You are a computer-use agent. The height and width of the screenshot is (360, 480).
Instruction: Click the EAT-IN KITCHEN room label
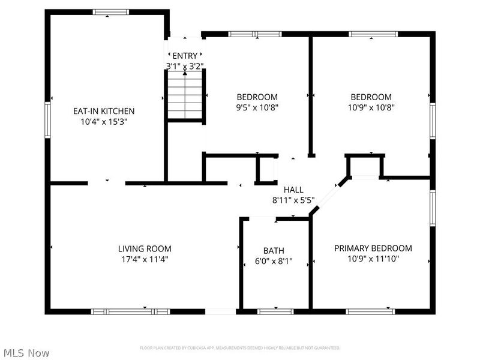(104, 111)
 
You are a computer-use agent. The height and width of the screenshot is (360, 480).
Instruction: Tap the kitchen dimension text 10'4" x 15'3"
(104, 121)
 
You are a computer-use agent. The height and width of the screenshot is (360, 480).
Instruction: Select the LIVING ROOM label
(145, 248)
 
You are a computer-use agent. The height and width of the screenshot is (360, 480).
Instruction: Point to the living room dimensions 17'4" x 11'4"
(145, 259)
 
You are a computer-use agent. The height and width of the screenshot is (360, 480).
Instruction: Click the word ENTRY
(185, 56)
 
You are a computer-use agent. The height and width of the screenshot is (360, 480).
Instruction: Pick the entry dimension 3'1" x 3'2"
(185, 65)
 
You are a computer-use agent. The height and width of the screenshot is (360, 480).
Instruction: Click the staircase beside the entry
(185, 95)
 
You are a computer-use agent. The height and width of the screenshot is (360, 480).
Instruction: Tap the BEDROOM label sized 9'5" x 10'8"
(257, 97)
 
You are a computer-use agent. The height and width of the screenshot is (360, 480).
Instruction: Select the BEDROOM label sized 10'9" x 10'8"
(371, 97)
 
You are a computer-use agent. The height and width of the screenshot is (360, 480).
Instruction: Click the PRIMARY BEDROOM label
(373, 248)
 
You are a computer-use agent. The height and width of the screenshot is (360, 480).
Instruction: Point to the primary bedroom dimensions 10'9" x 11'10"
(373, 259)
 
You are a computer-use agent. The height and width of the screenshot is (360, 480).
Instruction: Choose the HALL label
(293, 190)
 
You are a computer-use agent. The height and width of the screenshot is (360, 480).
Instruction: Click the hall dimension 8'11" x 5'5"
(293, 201)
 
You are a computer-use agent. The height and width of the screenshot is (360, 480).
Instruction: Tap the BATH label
(274, 251)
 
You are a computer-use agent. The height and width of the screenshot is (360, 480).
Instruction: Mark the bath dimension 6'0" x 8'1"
(274, 262)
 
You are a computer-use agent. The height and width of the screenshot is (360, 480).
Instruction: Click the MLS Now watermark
(26, 353)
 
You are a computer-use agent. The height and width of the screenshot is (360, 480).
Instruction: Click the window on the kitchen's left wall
(48, 121)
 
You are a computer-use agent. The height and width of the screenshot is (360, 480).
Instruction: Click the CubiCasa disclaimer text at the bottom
(240, 348)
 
